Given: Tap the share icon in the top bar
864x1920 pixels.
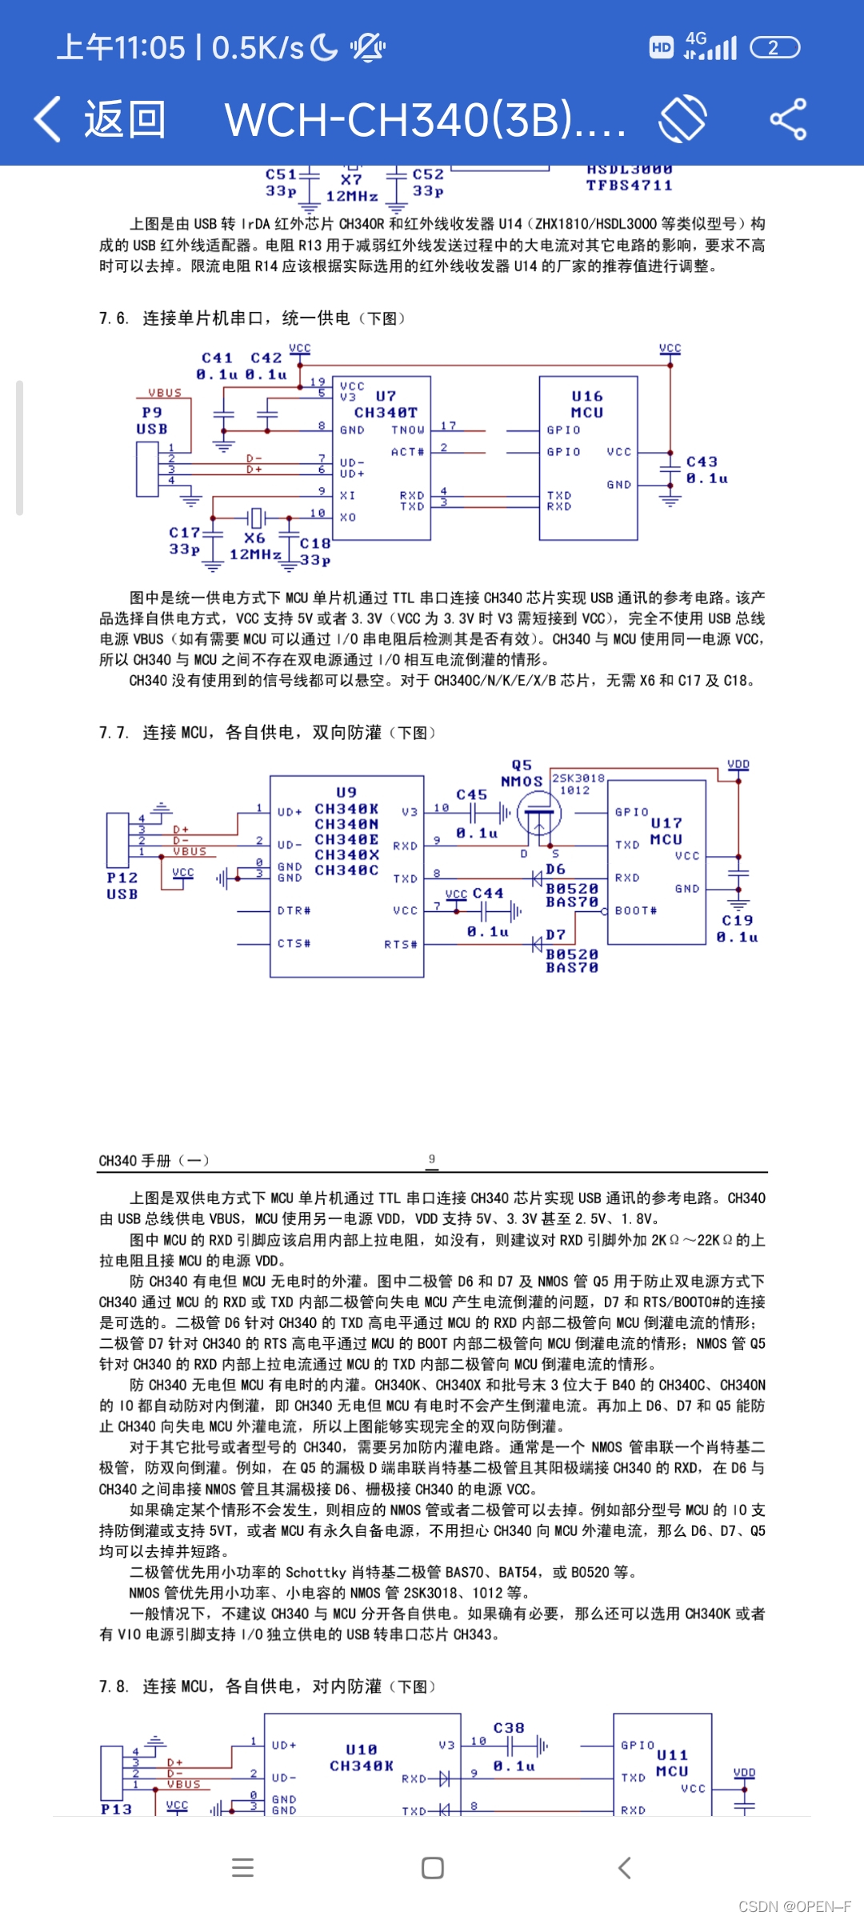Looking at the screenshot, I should point(788,119).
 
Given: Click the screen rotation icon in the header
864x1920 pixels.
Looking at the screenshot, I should point(682,119).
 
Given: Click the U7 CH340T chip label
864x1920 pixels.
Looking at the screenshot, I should point(386,405).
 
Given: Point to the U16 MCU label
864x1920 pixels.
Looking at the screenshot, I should point(587,405).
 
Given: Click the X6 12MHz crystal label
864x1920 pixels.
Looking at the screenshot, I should point(255,546).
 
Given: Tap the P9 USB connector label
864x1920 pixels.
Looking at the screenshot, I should point(152,421).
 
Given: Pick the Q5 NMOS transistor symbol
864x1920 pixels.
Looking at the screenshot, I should point(538,814).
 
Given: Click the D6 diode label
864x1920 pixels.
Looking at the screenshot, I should point(555,869).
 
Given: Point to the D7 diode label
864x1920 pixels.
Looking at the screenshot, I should point(555,934).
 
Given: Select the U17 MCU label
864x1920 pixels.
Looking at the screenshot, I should point(666,831).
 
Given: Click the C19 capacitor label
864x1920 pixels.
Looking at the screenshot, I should point(738,928).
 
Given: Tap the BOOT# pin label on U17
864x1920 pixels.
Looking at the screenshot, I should point(636,910).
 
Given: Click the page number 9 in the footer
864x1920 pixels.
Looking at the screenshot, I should point(432,1159).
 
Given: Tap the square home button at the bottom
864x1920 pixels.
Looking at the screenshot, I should point(433,1868).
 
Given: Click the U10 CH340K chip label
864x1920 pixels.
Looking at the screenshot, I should point(362,1758).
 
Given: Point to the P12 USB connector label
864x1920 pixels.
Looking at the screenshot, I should point(122,886).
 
